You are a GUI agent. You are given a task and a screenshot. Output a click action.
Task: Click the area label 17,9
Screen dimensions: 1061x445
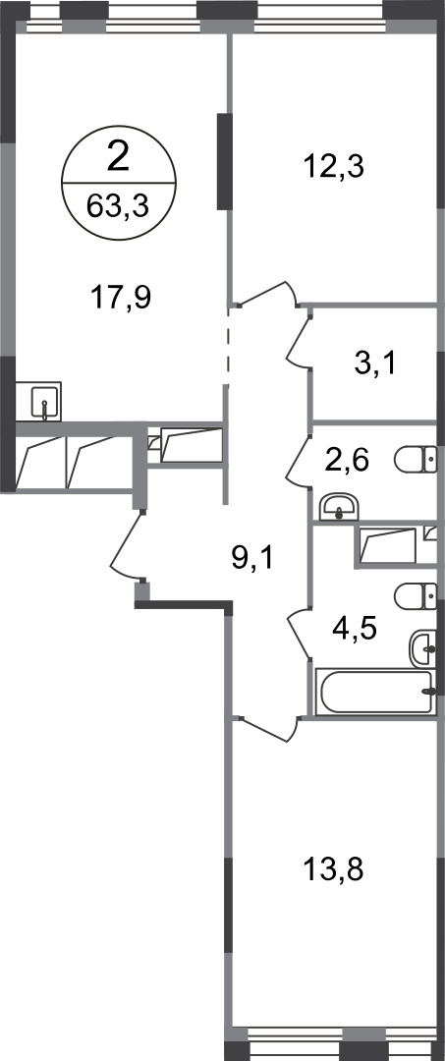coord(122,295)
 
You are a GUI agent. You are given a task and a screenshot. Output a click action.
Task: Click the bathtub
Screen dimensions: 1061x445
coord(374,692)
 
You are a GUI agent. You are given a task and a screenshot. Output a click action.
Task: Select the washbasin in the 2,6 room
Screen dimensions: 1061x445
coord(340,507)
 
